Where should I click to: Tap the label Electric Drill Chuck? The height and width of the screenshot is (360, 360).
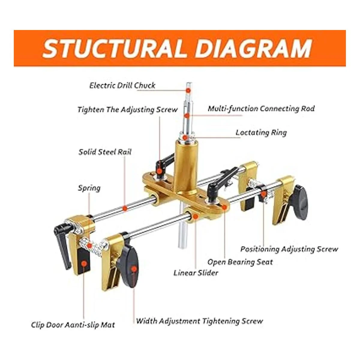coord(122,85)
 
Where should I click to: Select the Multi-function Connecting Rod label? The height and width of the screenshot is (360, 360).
coord(261,109)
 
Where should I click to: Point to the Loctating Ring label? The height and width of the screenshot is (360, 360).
coord(261,132)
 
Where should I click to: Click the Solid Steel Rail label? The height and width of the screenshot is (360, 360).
coord(105,152)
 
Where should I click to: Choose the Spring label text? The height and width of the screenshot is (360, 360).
coord(89,188)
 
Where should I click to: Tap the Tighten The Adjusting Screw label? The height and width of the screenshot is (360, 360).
coord(127,109)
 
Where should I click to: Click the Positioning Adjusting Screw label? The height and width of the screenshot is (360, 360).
coord(289,249)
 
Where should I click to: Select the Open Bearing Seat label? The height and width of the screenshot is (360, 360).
coord(240,262)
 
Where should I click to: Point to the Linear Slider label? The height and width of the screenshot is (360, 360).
coord(196,273)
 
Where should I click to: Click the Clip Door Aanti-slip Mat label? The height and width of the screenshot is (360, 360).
coord(73,325)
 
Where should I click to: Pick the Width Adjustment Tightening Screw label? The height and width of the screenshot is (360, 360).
coord(199,321)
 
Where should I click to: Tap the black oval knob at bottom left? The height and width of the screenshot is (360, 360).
coord(130,264)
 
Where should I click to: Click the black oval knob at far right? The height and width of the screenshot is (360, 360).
coord(300,202)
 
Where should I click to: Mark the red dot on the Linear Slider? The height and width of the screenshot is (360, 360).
coord(196,216)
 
